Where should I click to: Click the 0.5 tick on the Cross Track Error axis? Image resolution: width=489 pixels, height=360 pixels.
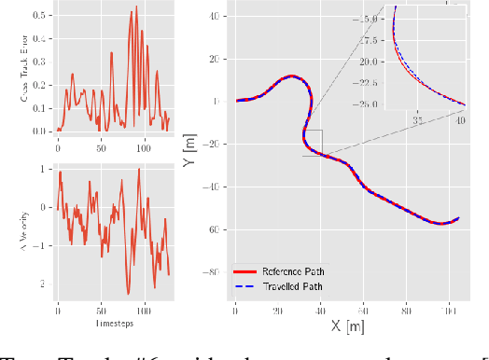click(37, 16)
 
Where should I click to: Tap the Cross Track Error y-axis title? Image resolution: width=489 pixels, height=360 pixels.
click(12, 69)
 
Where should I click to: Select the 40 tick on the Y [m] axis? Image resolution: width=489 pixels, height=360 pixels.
click(219, 16)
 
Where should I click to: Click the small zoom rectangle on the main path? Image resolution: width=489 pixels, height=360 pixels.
click(313, 143)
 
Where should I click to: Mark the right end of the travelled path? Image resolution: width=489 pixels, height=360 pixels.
click(459, 219)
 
